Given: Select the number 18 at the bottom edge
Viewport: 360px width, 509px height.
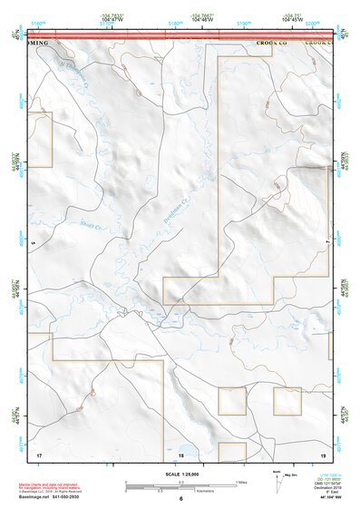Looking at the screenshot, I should coord(181,455).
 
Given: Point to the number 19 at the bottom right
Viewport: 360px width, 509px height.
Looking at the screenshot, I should coord(322,454).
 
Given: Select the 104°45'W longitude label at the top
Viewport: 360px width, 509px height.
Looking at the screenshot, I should coord(291,18).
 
